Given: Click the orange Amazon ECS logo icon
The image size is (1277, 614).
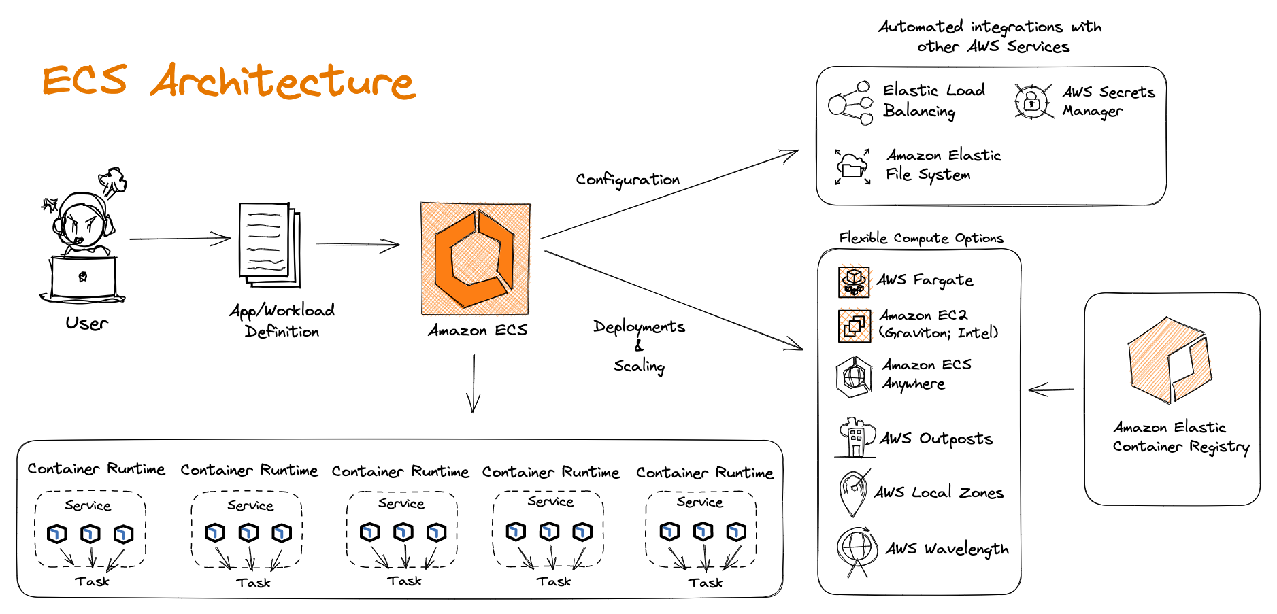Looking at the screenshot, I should click(x=476, y=258).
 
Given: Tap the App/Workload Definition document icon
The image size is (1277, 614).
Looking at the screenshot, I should click(x=269, y=245).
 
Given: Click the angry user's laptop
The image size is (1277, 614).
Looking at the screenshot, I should click(x=84, y=278).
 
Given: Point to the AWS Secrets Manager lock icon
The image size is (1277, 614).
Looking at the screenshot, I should click(x=1032, y=102).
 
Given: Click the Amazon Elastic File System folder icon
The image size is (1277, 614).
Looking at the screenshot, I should click(x=852, y=167).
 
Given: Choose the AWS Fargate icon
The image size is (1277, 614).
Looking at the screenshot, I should click(x=854, y=281).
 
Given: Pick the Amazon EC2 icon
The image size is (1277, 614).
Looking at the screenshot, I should click(x=854, y=326).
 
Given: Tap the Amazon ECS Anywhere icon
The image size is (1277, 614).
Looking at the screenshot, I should click(x=854, y=376).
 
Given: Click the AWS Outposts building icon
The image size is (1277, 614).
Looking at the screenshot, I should click(x=855, y=437).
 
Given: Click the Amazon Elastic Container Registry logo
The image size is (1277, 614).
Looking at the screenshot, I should click(x=1170, y=360).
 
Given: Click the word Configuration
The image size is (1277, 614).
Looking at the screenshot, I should click(x=627, y=180).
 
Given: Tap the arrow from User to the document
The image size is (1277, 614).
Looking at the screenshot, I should click(x=180, y=239).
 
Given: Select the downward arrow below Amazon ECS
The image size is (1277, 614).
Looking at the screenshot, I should click(x=474, y=383).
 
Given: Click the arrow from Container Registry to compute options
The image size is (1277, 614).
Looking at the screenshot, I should click(x=1051, y=390).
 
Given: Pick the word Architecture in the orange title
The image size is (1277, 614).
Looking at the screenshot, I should click(x=282, y=82).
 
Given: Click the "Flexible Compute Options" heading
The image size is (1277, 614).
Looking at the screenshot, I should click(x=921, y=238).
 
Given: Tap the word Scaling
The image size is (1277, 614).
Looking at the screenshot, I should click(x=639, y=366).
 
